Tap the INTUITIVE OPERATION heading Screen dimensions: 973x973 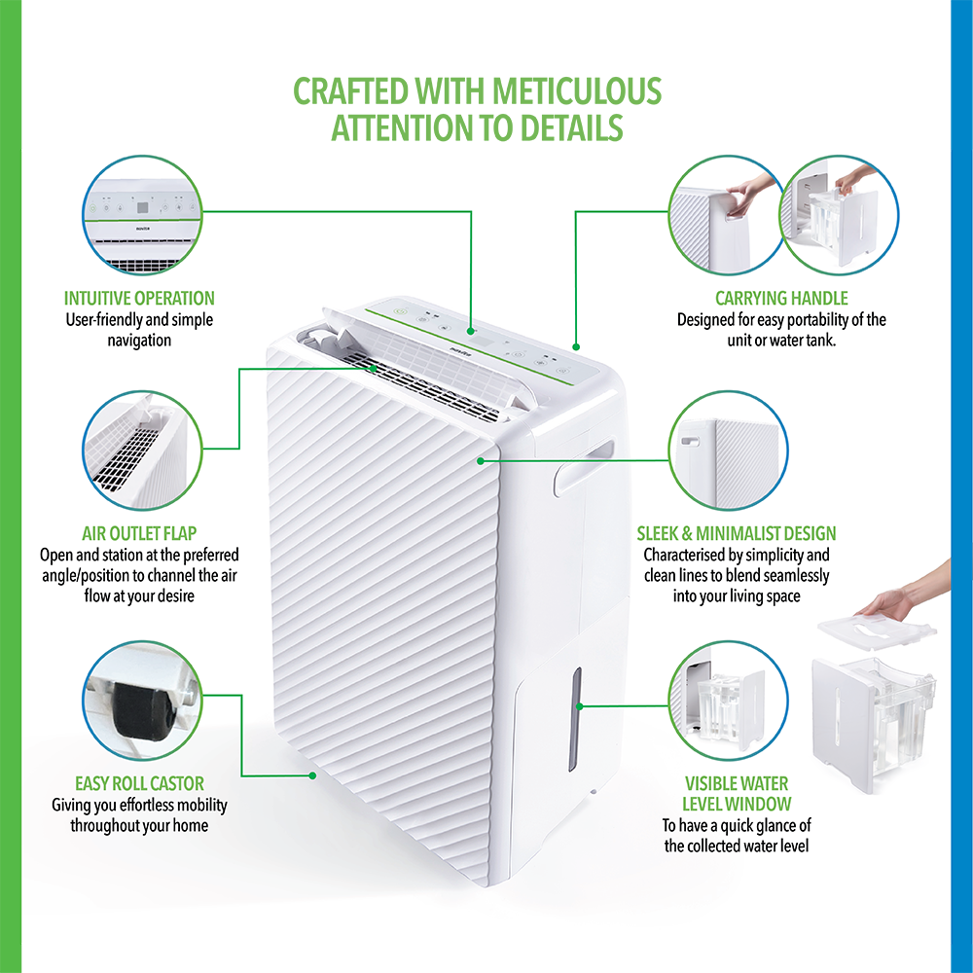(x=139, y=299)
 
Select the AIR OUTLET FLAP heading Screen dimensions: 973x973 (x=139, y=533)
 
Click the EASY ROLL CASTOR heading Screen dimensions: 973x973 (x=139, y=783)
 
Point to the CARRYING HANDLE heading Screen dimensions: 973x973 (x=781, y=299)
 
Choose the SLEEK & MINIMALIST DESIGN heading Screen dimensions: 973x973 (x=736, y=533)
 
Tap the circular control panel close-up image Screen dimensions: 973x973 (x=143, y=215)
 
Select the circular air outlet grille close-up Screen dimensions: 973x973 (x=143, y=450)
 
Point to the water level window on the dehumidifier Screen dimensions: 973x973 (x=575, y=719)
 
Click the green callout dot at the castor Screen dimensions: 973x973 (x=313, y=775)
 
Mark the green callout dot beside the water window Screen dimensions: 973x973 (x=579, y=706)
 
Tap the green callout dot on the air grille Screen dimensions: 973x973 (x=374, y=369)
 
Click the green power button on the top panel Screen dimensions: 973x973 (x=400, y=311)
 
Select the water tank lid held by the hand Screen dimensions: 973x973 (x=877, y=631)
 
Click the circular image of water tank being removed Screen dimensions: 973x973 (x=839, y=215)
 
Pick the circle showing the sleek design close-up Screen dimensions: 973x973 (x=729, y=450)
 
